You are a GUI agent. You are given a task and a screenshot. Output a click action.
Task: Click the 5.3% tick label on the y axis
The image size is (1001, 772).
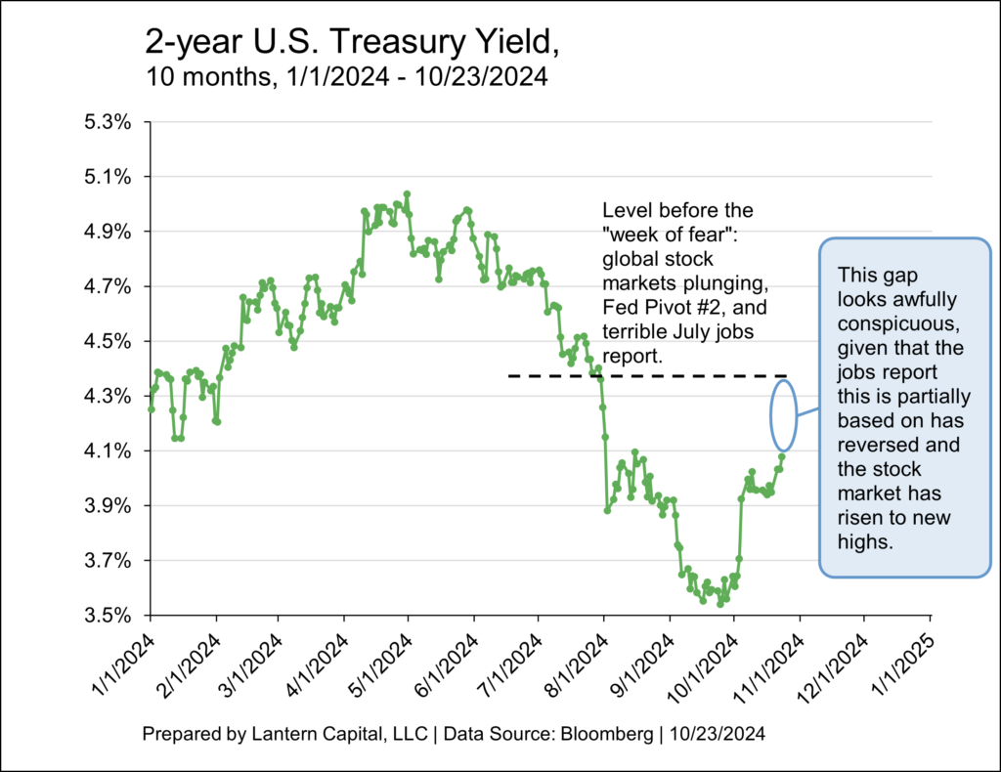coord(113,123)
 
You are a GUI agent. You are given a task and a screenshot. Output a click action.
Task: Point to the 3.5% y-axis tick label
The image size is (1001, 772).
coord(113,616)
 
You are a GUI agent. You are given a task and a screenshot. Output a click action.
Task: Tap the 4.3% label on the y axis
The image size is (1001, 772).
coord(113,397)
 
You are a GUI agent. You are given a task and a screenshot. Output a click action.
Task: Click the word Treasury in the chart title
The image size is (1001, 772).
coord(375,44)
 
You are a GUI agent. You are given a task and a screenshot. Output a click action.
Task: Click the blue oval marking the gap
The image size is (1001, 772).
coord(783,415)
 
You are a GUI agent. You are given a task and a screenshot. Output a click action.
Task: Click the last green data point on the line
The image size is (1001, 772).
coord(782,456)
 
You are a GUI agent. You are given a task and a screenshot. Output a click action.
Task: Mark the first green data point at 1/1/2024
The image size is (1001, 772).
coord(151,409)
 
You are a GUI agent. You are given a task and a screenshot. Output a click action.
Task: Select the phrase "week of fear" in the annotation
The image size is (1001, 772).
coord(661,236)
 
